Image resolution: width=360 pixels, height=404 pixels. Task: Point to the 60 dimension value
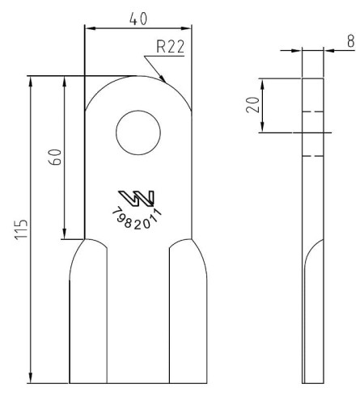click(x=55, y=156)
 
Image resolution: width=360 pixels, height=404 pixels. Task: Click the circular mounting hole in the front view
click(x=138, y=133)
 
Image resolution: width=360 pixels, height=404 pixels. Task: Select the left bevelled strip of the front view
click(x=88, y=315)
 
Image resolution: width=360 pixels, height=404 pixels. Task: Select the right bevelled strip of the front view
click(x=187, y=315)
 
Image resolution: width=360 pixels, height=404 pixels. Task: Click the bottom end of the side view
click(x=311, y=381)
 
